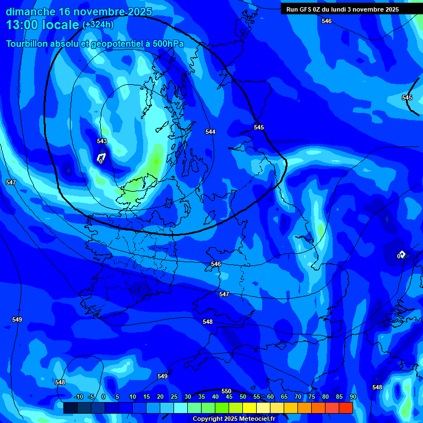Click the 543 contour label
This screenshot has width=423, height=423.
(x=102, y=141)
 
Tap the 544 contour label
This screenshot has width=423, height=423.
(x=210, y=132)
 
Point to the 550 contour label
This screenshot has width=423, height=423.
(x=226, y=391)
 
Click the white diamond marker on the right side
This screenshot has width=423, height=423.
(x=402, y=254)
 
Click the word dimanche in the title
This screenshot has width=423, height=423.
(x=31, y=12)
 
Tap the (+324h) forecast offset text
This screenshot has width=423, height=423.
(x=98, y=25)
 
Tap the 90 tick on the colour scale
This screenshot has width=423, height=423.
(x=352, y=397)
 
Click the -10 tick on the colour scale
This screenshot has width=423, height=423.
(x=78, y=397)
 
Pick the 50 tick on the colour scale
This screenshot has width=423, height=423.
(x=243, y=397)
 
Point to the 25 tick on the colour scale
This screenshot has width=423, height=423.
(x=174, y=397)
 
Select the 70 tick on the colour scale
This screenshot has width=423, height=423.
(x=298, y=397)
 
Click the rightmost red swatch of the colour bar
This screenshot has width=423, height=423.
(x=346, y=408)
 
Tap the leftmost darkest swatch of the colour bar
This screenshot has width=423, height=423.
(x=70, y=408)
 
